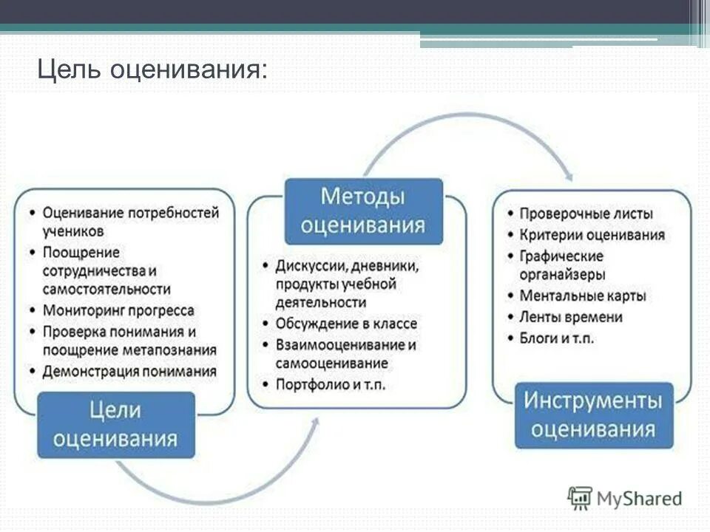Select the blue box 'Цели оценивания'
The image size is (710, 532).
[x=116, y=425]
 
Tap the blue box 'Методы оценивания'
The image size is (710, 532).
[x=363, y=211]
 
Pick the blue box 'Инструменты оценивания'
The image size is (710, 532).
[x=594, y=415]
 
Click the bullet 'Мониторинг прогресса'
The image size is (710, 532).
[x=118, y=310]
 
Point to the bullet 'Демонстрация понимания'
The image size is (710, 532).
[x=129, y=371]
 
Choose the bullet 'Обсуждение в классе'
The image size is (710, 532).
[x=346, y=324]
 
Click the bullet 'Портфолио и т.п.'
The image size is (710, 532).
[x=331, y=385]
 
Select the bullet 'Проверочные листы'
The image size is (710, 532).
[x=586, y=214]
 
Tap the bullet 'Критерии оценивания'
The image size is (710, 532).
[x=592, y=235]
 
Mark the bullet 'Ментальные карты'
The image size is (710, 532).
[x=583, y=296]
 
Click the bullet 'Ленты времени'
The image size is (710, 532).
[x=570, y=317]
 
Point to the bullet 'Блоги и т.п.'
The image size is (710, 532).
[x=557, y=338]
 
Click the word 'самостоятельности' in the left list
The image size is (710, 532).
[x=106, y=289]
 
